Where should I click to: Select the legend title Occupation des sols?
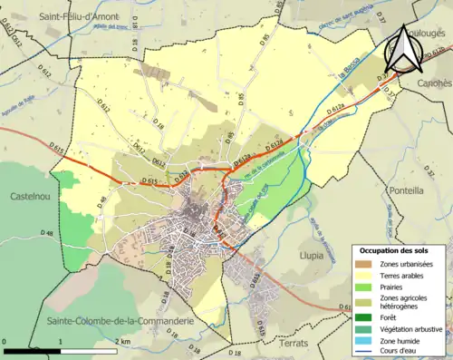[x=396, y=249]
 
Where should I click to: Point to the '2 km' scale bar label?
[x=123, y=341]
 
